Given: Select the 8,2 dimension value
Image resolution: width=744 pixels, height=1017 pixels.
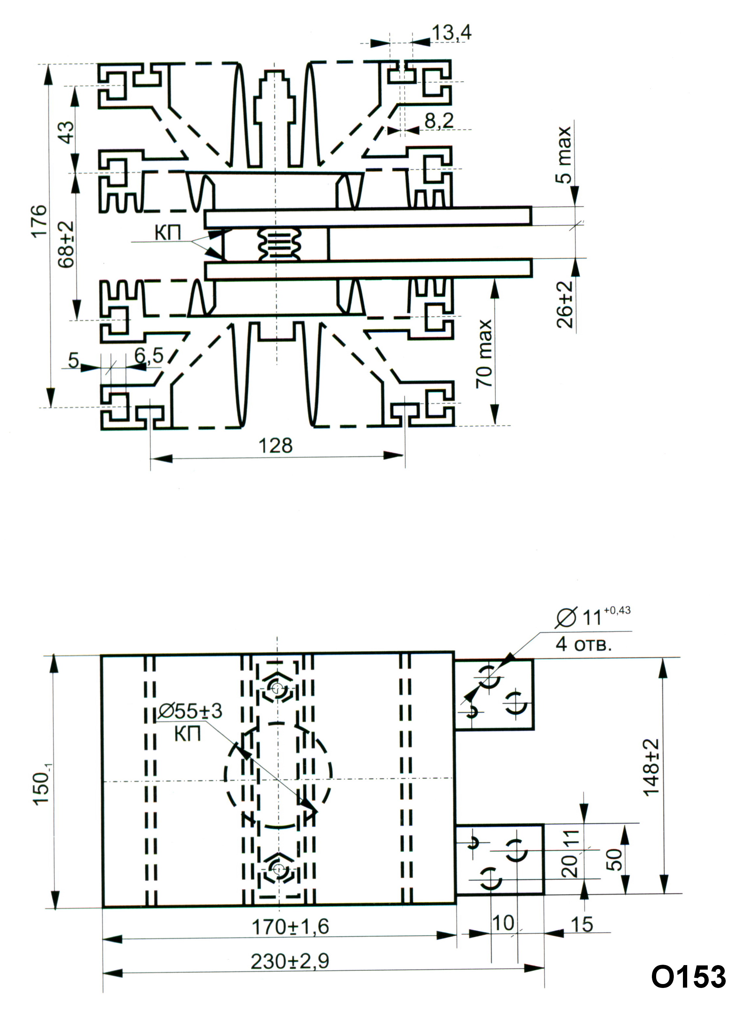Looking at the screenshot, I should pos(439,121).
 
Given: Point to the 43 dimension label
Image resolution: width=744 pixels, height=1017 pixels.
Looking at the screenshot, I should pos(67,132).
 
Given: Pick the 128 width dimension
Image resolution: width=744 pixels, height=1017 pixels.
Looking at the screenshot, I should pos(275,446).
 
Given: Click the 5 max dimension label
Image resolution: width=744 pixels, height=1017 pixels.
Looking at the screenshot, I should pos(563,154).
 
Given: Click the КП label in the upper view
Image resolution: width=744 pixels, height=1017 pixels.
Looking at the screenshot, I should pos(168,233).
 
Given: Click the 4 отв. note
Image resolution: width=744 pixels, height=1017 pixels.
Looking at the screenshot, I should pos(584,644).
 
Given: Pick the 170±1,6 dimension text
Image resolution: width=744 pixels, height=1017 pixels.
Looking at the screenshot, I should pos(290,927).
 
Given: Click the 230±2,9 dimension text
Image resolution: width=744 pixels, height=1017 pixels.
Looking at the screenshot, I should pos(290,961).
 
